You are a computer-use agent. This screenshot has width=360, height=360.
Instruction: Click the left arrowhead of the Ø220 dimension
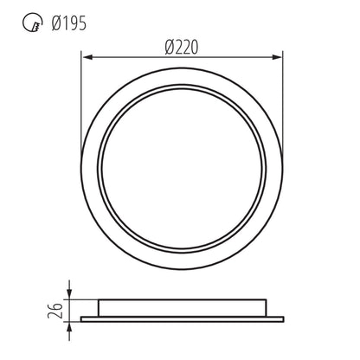click(86, 58)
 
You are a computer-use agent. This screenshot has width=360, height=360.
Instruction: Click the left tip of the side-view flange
click(82, 319)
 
